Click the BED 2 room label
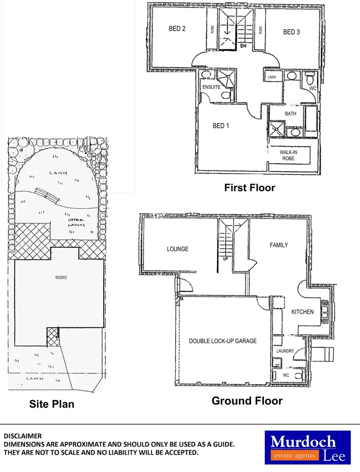click(177, 29)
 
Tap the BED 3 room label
click(291, 32)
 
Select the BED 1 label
click(221, 126)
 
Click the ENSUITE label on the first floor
click(211, 87)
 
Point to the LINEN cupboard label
click(272, 77)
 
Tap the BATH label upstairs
click(291, 114)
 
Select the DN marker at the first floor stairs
click(243, 46)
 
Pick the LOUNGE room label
click(178, 249)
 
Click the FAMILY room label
click(279, 245)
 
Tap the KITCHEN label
click(302, 312)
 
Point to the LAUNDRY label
click(285, 351)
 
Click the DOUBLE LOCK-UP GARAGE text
click(223, 341)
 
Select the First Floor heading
click(250, 188)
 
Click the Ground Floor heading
click(247, 400)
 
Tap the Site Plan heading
click(51, 404)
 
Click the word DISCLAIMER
click(23, 436)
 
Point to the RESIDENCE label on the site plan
click(60, 278)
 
